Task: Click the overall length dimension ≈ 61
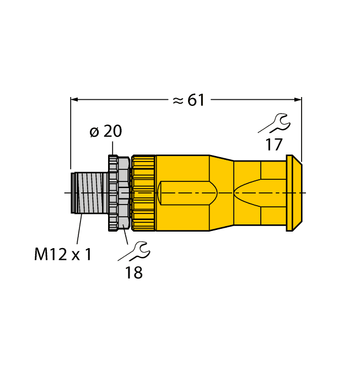tap(189, 100)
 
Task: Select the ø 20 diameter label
tap(105, 131)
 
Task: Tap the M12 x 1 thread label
tap(62, 254)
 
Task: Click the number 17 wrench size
tap(273, 145)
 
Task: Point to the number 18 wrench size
tap(133, 272)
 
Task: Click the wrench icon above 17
tap(273, 124)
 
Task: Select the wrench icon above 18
tap(134, 251)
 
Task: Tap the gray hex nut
tap(119, 192)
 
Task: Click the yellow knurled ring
tap(143, 192)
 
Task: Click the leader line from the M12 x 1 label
tap(79, 229)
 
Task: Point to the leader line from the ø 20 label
tap(113, 148)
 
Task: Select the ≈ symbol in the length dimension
tap(178, 100)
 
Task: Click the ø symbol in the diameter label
tap(94, 132)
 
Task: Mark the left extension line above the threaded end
tap(71, 132)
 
